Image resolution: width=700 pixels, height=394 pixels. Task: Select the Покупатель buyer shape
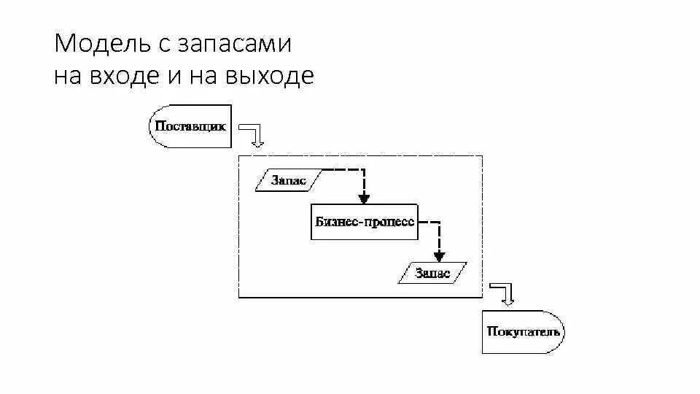523,332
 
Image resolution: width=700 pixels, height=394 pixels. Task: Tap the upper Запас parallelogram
288,180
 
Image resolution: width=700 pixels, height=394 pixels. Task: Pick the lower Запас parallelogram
432,274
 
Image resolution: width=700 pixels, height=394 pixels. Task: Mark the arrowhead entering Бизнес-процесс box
365,198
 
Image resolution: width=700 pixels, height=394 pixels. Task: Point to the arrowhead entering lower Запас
439,256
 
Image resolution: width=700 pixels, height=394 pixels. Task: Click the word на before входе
68,76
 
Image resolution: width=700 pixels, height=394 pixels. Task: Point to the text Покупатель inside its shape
523,332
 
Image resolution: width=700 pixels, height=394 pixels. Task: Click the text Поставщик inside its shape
190,125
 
